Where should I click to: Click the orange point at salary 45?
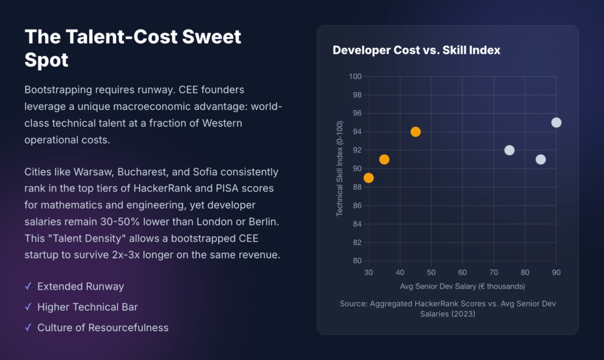tap(415, 132)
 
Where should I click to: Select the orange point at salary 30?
tap(369, 178)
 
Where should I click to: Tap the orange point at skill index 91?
tap(384, 159)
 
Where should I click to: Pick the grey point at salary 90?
tap(556, 123)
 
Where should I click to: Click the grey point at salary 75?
tap(509, 150)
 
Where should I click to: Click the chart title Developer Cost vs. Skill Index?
tap(416, 50)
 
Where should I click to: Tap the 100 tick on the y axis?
tap(355, 77)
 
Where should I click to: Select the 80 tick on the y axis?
tap(357, 261)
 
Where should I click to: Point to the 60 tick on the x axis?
tap(462, 273)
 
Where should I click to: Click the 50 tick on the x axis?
tap(431, 273)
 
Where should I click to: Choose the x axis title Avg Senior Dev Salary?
tap(462, 286)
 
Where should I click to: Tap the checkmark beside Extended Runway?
tap(28, 286)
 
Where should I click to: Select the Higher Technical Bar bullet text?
tap(87, 307)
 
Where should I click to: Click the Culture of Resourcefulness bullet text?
tap(103, 328)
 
